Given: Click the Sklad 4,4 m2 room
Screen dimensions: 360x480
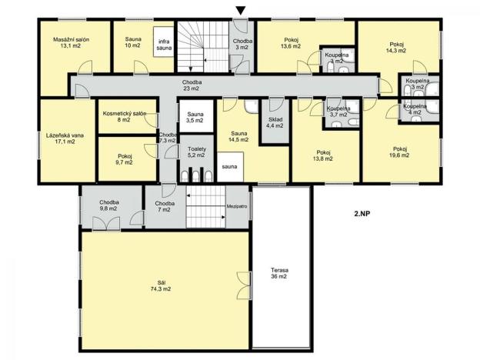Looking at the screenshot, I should (275, 125).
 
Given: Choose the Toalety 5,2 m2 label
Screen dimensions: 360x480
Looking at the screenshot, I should (193, 152).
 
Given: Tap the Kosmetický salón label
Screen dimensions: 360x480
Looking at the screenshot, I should (124, 117).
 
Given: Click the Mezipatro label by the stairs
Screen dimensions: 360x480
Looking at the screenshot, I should (235, 206).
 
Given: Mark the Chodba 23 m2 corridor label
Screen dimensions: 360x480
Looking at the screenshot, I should (192, 85).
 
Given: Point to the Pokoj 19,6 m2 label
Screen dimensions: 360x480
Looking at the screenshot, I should (399, 152).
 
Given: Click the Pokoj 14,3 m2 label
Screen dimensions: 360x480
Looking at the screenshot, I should (396, 47).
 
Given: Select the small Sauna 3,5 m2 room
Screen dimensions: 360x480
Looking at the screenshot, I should (194, 117).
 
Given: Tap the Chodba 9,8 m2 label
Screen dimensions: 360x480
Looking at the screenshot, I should (108, 205).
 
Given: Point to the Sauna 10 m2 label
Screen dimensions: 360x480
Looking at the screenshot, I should (133, 42).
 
